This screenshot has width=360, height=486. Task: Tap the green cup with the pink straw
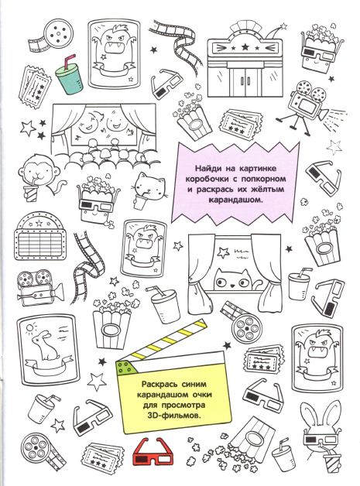click(68, 77)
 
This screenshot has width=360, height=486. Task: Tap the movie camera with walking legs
click(304, 106)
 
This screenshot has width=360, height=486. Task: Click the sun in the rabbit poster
click(29, 327)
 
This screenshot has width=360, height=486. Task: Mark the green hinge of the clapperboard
click(124, 367)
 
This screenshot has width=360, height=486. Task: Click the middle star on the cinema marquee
click(245, 47)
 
